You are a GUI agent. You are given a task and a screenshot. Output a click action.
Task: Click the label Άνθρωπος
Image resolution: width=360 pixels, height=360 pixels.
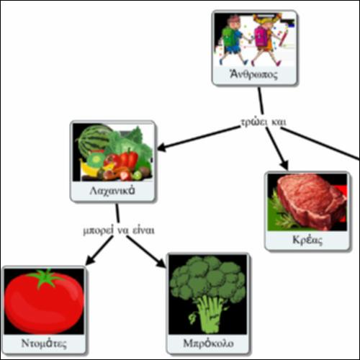(x=253, y=74)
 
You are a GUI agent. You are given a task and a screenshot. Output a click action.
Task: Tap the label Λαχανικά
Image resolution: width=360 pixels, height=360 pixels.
(x=112, y=191)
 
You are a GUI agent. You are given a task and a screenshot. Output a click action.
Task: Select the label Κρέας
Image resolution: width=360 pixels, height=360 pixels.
(x=307, y=240)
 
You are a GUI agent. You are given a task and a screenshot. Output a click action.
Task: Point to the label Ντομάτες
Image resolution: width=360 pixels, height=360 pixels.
(x=44, y=343)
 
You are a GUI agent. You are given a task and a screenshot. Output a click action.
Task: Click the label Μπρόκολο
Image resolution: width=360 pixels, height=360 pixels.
(x=208, y=343)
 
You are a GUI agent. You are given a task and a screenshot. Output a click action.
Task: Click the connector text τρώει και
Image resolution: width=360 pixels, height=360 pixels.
(x=264, y=122)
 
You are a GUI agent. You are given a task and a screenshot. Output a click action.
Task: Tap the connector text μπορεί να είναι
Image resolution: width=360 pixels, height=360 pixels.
(x=119, y=230)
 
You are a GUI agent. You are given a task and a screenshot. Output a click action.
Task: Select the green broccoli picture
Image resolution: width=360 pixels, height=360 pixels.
(x=208, y=294)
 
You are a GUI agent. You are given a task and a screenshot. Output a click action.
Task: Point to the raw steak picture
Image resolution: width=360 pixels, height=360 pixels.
(x=312, y=202)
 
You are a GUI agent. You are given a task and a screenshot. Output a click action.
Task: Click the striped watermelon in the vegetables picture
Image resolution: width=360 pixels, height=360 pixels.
(x=93, y=139)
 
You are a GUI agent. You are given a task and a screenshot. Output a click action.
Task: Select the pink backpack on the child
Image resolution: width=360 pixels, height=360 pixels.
(x=261, y=35)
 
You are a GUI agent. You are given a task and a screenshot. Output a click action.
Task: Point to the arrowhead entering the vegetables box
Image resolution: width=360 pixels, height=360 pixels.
(x=162, y=147)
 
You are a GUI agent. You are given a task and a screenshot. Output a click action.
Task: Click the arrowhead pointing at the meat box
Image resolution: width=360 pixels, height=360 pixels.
(x=284, y=165)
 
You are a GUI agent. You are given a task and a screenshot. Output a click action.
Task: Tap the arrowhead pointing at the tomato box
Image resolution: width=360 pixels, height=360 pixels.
(x=90, y=260)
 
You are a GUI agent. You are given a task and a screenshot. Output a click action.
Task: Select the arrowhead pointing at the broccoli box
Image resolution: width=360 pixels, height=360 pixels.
(x=161, y=263)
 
